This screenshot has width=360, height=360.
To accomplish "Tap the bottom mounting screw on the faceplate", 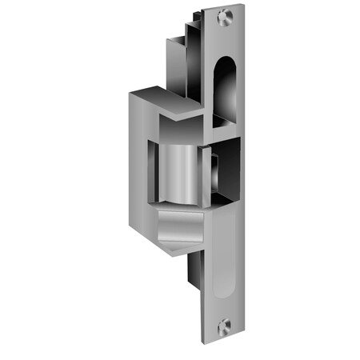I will point(225,323).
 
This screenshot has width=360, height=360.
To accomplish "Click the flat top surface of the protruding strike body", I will point(164,102).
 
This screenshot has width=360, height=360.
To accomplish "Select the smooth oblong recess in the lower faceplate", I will point(226,256).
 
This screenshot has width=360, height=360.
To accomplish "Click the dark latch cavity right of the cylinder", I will point(226,172).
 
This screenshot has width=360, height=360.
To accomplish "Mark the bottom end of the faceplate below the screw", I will point(225,336).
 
